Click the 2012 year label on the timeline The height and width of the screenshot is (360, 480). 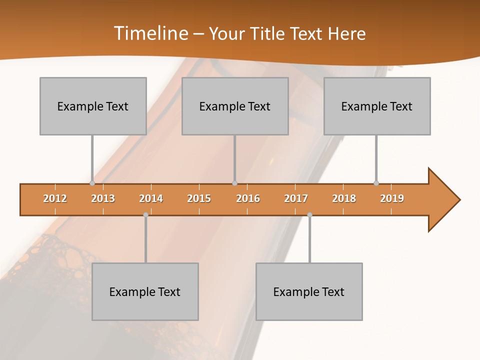55,198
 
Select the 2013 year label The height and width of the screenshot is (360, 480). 103,198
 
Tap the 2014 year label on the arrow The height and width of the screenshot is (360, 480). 151,198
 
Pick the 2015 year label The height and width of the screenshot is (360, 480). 199,198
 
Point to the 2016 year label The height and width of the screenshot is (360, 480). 248,198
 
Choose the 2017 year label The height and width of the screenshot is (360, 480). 296,198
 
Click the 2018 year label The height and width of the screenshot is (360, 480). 344,198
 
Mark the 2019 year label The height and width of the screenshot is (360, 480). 392,198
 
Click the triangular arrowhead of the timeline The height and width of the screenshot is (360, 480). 442,200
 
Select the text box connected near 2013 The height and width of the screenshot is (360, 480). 93,106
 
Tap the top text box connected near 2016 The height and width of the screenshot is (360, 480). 235,106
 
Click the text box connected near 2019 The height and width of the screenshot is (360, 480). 377,106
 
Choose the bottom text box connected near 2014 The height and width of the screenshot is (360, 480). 145,291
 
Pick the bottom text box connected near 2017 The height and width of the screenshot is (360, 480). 309,291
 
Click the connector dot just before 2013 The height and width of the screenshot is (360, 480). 92,183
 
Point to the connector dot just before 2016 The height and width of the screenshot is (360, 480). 234,183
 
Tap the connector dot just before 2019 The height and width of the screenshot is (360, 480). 376,183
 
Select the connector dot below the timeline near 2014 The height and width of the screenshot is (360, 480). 145,214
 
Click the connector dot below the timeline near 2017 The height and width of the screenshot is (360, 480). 309,214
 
